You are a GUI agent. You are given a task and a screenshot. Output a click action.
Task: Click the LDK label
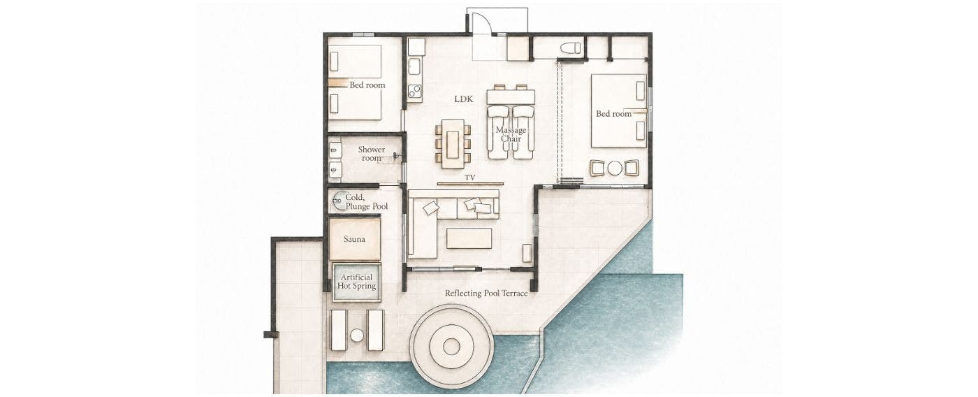click(x=463, y=99)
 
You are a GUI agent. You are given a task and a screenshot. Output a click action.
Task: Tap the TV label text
click(x=469, y=178)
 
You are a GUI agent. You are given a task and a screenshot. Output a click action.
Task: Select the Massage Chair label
click(x=511, y=134)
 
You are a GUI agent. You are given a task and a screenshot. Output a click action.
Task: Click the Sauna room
click(x=355, y=239)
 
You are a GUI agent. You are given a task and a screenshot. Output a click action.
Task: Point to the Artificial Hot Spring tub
click(x=357, y=282)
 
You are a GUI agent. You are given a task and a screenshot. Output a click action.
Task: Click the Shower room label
click(x=371, y=153)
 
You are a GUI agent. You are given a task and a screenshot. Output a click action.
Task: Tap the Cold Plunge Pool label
click(x=366, y=202)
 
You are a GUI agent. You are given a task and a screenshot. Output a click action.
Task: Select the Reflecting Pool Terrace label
click(x=486, y=293)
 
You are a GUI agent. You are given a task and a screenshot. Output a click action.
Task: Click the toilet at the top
click(x=570, y=48)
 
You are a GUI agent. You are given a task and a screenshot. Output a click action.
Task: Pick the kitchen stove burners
click(x=415, y=92)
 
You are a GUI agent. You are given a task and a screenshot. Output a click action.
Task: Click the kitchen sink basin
click(x=414, y=67)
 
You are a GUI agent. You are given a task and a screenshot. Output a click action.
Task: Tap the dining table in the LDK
click(x=453, y=144)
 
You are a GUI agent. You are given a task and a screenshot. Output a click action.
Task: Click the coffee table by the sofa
click(x=469, y=239)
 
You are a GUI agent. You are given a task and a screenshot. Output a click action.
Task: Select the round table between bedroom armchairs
click(x=615, y=168)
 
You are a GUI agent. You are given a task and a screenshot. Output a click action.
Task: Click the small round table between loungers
click(x=357, y=335)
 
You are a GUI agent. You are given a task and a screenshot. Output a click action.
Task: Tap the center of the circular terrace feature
click(x=451, y=347)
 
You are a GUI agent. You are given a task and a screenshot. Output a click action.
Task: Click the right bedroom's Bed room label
click(x=613, y=113)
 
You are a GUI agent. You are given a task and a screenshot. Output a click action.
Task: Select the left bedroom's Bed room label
click(x=367, y=85)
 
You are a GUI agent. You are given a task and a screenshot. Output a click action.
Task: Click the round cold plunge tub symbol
click(x=340, y=201)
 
